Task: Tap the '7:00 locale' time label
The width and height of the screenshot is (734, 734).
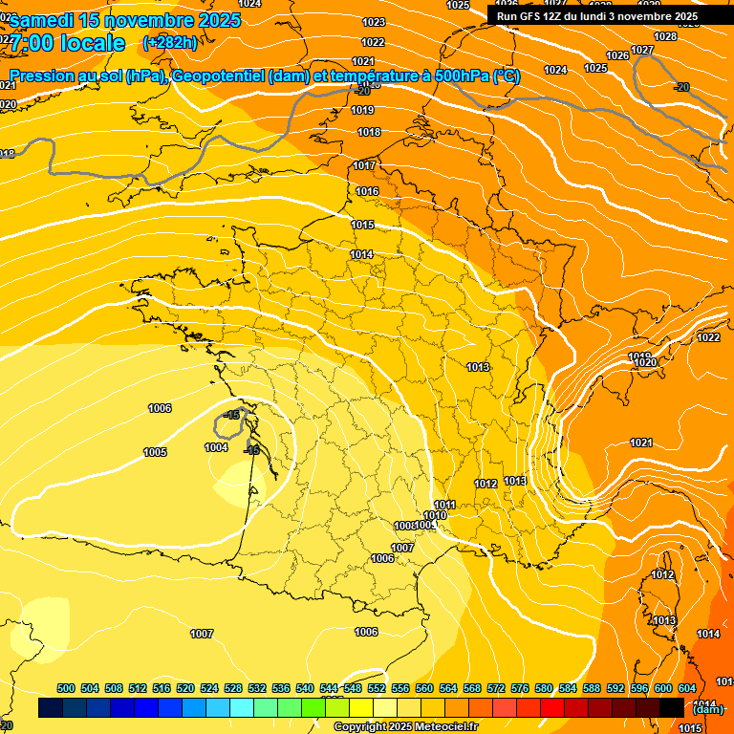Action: pyautogui.click(x=68, y=43)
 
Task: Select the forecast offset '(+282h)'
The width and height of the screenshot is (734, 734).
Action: pyautogui.click(x=170, y=42)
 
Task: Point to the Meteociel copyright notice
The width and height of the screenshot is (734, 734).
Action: pyautogui.click(x=405, y=726)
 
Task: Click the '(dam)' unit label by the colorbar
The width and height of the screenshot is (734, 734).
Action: pyautogui.click(x=707, y=709)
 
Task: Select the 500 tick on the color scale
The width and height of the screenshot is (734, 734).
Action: pyautogui.click(x=66, y=688)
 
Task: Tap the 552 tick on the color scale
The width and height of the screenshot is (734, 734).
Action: pyautogui.click(x=377, y=688)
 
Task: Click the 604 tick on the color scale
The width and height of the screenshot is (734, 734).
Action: pyautogui.click(x=686, y=688)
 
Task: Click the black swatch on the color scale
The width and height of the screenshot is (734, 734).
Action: pyautogui.click(x=672, y=707)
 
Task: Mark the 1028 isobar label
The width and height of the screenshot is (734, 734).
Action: pyautogui.click(x=665, y=36)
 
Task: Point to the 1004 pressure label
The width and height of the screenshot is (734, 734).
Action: pyautogui.click(x=216, y=447)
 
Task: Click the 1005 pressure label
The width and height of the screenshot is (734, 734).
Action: pyautogui.click(x=155, y=452)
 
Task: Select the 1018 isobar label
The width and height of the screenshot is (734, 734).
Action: pyautogui.click(x=369, y=132)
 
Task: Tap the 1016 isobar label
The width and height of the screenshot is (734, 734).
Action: pyautogui.click(x=367, y=192)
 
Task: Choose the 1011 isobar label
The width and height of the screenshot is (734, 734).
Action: pyautogui.click(x=444, y=505)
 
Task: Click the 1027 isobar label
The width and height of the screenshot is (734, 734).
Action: pyautogui.click(x=642, y=50)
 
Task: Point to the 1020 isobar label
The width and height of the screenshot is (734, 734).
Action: pyautogui.click(x=646, y=363)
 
